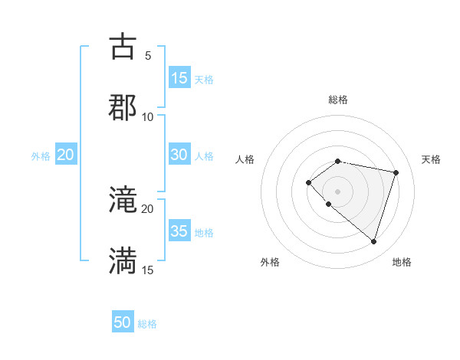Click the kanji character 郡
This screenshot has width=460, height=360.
click(123, 106)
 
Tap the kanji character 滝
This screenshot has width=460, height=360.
click(123, 201)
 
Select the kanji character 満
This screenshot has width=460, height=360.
click(123, 261)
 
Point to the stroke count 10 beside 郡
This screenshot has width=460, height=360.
click(148, 116)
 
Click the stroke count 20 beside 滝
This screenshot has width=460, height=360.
click(148, 209)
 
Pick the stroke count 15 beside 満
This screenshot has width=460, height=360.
click(148, 270)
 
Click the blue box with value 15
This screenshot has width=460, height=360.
click(179, 78)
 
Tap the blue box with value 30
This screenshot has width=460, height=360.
click(179, 155)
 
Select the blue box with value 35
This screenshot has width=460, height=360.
click(179, 231)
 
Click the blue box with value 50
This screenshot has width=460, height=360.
click(123, 322)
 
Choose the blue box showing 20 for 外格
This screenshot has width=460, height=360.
click(66, 155)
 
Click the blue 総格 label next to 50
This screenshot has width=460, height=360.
click(147, 324)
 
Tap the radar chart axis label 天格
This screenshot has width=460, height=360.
click(431, 159)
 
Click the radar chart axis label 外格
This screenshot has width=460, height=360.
click(270, 262)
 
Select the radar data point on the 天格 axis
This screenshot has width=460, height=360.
click(396, 172)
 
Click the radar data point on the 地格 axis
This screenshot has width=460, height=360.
click(373, 241)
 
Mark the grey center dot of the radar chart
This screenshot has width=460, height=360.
click(338, 191)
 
